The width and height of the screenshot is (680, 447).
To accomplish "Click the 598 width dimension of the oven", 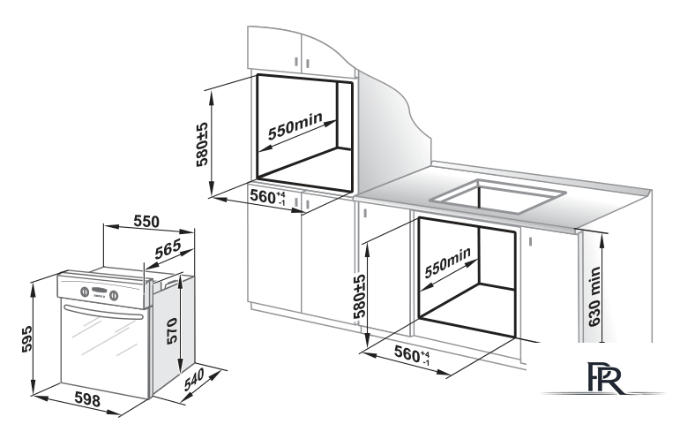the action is click(87, 399).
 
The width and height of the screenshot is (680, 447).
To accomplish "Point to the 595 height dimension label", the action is click(26, 339).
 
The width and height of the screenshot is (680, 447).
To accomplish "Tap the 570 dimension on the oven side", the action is click(172, 331).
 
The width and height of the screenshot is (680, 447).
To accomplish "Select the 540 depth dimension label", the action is click(194, 380).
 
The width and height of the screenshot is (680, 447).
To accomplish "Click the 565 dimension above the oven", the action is click(168, 249).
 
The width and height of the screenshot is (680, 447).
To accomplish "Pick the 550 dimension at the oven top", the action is click(146, 222).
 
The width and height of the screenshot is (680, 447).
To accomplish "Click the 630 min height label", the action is click(594, 296).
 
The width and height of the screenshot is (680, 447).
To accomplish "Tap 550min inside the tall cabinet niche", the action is click(295, 125).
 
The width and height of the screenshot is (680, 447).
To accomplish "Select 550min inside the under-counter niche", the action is click(447, 262).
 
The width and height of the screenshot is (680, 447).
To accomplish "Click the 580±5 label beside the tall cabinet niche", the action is click(202, 145).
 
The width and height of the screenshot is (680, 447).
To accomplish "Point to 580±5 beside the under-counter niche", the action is click(360, 297).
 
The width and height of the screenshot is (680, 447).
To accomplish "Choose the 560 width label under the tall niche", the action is click(267, 197).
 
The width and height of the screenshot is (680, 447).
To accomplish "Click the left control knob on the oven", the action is click(85, 292).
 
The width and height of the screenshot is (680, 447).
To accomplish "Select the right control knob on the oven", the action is click(114, 296).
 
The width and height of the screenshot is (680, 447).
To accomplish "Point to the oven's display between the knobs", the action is click(100, 291).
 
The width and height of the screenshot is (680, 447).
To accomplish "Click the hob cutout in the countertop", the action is click(497, 197).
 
